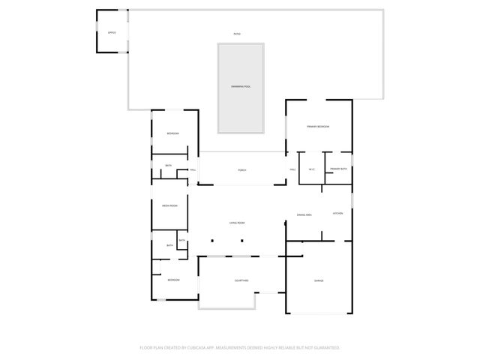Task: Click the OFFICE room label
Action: (112, 33)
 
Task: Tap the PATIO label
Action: (237, 34)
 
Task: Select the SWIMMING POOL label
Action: (241, 88)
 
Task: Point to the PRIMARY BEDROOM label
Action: (319, 127)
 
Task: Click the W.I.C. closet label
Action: (311, 169)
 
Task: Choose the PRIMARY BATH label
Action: (338, 169)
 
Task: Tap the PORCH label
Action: (242, 170)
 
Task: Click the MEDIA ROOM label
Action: (169, 206)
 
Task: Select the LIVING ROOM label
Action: (238, 223)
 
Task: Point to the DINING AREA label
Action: (304, 214)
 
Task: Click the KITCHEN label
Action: (338, 214)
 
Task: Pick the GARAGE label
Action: (319, 280)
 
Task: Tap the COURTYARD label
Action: (241, 280)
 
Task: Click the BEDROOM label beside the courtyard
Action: (173, 280)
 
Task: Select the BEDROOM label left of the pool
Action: (172, 133)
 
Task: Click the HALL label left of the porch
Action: (193, 170)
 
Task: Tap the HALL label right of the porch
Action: (293, 170)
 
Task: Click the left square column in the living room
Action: (212, 241)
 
